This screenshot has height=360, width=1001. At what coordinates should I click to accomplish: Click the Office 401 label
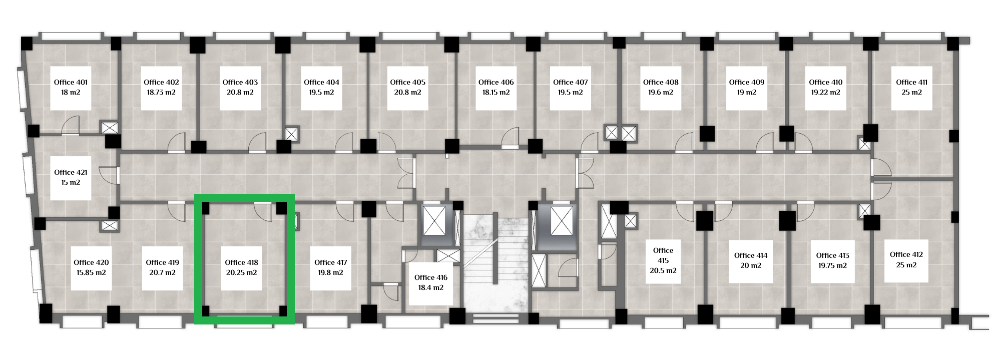71,82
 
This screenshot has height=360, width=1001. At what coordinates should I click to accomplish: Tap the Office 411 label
911,82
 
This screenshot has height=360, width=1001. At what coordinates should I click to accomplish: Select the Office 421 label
71,172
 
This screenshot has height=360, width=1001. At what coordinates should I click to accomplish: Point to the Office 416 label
431,277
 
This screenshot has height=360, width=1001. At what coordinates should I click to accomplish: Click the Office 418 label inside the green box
241,262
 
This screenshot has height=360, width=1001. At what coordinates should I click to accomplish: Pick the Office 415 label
663,255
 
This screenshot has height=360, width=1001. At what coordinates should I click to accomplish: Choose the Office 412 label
906,254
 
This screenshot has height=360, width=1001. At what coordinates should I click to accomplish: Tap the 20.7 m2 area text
162,272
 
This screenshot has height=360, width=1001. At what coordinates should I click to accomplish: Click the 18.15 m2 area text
496,92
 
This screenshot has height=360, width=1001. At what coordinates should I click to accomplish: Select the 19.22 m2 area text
826,92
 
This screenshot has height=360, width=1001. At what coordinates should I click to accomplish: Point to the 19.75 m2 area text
833,265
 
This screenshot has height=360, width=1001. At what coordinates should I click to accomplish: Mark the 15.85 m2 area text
91,272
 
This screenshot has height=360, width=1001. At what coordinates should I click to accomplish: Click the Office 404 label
321,82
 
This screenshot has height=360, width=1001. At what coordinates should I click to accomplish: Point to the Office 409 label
747,82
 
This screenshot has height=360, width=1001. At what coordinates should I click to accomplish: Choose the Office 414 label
751,255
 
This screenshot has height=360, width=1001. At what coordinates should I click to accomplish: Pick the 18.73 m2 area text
161,92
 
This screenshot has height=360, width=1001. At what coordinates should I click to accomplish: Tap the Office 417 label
331,262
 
